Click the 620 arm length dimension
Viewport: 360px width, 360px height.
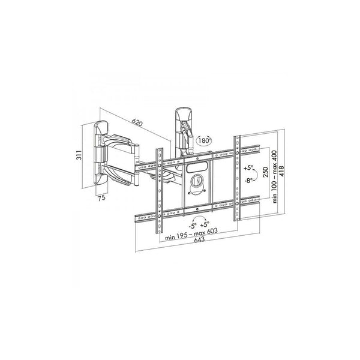point(137,123)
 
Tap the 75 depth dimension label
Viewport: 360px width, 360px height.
point(101,197)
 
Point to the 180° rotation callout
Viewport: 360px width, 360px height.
point(204,140)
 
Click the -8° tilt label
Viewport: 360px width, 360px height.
point(248,181)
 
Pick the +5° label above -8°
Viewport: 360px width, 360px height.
point(248,168)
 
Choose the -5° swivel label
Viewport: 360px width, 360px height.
point(193,226)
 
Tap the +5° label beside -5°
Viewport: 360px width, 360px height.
point(205,224)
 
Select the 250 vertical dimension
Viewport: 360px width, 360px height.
point(265,172)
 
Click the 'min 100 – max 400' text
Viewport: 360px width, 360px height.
point(275,176)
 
